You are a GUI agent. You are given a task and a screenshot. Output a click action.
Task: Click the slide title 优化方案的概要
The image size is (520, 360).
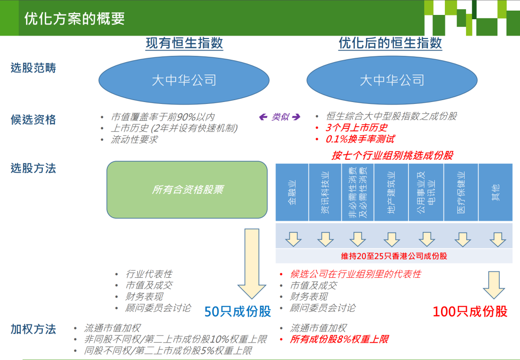point(75,18)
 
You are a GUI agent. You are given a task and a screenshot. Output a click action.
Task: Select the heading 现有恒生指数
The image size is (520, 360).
point(184,43)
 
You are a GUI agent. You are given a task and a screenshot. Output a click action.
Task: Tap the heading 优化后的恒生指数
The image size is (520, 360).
point(390,43)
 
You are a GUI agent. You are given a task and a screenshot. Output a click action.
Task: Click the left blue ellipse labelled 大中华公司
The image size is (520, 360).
point(184,80)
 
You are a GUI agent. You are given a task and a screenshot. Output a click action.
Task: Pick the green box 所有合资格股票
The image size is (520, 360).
point(187,190)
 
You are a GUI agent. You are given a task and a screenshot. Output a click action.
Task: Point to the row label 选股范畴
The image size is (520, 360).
point(33,68)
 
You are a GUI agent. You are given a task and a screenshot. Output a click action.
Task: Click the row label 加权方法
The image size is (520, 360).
point(33,329)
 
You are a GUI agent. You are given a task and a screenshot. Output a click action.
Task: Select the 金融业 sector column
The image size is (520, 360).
point(292,192)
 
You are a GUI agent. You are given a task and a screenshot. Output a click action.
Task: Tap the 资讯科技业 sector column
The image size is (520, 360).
point(325,192)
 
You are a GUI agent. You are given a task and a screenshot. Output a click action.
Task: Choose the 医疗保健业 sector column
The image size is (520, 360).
point(461,192)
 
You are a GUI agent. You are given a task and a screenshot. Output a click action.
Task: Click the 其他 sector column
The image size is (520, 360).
point(495,192)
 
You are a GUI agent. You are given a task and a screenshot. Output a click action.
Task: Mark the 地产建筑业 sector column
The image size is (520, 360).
point(391,192)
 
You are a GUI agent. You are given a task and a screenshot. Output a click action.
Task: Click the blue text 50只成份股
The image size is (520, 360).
point(238,311)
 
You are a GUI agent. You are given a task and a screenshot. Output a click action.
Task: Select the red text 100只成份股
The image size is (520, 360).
point(470,311)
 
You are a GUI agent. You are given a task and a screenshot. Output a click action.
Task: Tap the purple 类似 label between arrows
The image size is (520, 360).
point(280,117)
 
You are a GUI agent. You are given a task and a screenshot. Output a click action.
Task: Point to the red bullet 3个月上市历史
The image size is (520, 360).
point(356,128)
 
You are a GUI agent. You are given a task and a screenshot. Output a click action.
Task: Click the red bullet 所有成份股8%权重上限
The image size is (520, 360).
point(339,339)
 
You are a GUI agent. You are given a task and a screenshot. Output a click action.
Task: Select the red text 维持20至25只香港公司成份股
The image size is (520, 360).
point(394,256)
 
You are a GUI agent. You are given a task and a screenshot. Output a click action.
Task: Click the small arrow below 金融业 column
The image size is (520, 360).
point(293,239)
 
